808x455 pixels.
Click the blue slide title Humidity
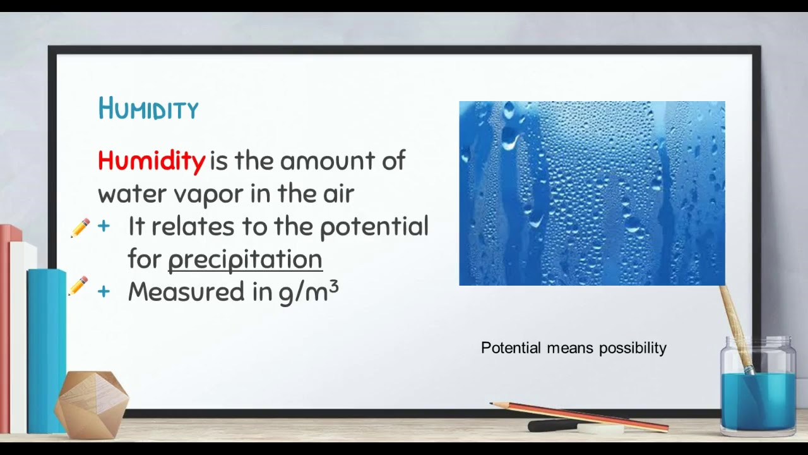(148, 109)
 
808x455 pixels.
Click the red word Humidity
(151, 161)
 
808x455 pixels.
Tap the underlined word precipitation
(245, 259)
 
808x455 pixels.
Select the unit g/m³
(309, 291)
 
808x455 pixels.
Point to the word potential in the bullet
(374, 226)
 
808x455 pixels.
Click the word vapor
(209, 193)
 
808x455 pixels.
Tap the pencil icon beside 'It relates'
(80, 227)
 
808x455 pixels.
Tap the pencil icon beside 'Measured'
(78, 286)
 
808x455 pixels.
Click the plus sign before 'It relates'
(104, 226)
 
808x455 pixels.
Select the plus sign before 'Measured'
(104, 291)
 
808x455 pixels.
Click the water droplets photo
(591, 193)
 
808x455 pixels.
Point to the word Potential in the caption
(511, 348)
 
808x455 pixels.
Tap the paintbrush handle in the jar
(735, 322)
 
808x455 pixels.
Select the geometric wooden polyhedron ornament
(92, 404)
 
